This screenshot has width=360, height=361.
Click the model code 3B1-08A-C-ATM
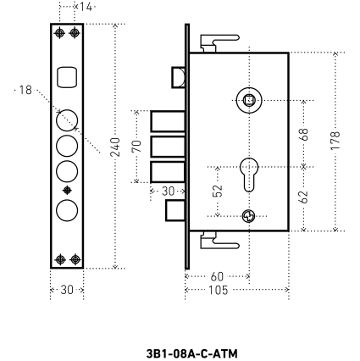192,353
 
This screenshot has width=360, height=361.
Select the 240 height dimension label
115,147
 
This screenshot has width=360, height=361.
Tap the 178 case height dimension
335,141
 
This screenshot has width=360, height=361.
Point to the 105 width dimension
218,290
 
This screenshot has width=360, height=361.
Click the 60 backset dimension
217,276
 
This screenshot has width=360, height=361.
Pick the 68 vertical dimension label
303,134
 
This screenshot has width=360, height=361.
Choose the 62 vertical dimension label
303,197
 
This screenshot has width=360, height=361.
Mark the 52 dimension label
218,191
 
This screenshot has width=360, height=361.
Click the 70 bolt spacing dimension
136,146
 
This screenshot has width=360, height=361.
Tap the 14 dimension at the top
86,7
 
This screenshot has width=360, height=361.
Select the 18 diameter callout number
25,90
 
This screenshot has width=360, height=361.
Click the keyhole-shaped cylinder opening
249,175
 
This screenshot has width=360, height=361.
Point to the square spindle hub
249,100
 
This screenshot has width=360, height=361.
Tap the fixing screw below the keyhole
249,216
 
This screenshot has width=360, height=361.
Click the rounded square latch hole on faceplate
67,77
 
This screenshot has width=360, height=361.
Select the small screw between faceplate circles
67,191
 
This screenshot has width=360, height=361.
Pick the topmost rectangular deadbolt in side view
168,121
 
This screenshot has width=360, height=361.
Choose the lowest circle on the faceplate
67,210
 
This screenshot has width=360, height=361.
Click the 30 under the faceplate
67,290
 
